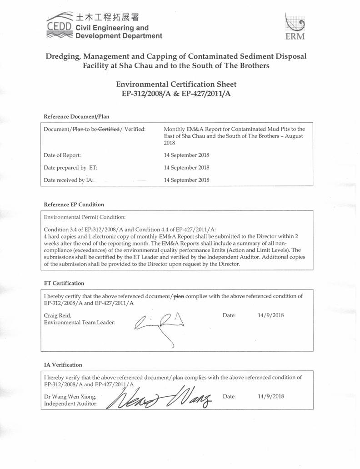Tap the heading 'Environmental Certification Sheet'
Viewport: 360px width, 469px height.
(x=176, y=84)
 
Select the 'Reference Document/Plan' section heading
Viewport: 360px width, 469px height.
(x=76, y=116)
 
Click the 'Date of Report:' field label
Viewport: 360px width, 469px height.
(x=62, y=155)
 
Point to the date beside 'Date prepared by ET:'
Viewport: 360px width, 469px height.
(x=186, y=168)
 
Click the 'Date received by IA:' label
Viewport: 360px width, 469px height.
(x=69, y=180)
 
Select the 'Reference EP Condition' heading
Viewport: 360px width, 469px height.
(x=74, y=205)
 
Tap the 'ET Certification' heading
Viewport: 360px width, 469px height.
(x=64, y=283)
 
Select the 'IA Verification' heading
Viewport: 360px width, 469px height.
(x=63, y=364)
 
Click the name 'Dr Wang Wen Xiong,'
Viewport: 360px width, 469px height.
(x=70, y=396)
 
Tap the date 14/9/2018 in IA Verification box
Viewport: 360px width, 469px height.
(x=270, y=396)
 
